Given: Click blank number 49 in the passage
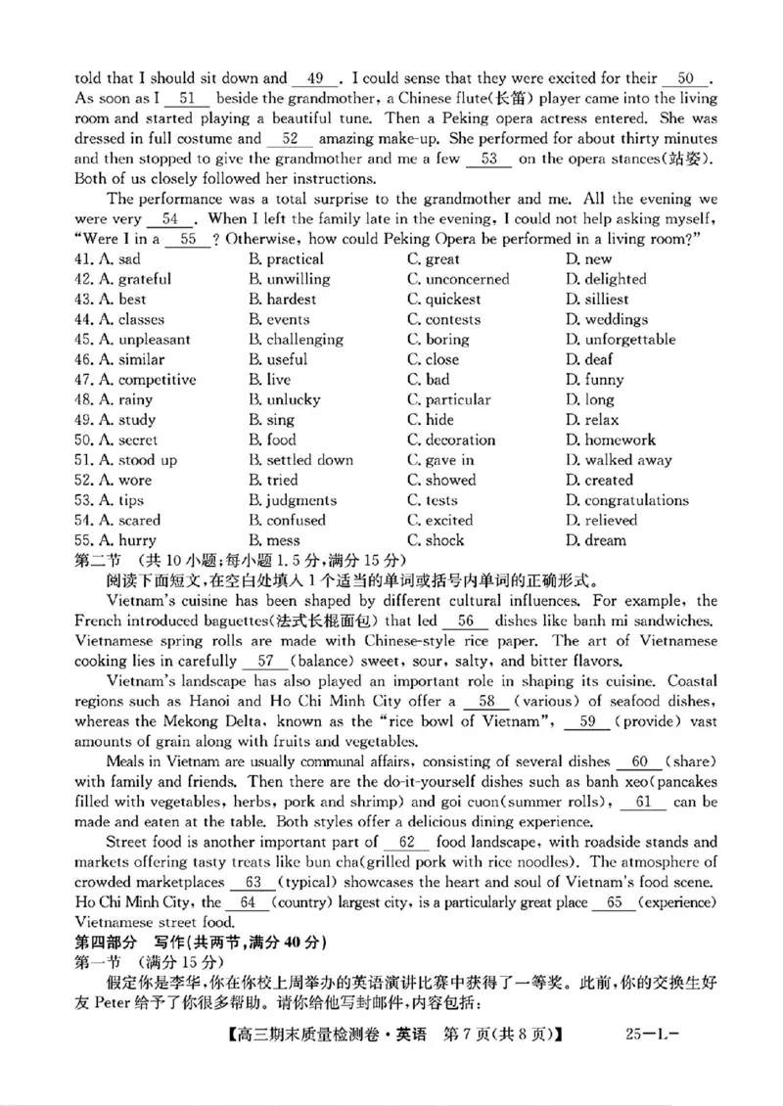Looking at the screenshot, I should click(x=315, y=78).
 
